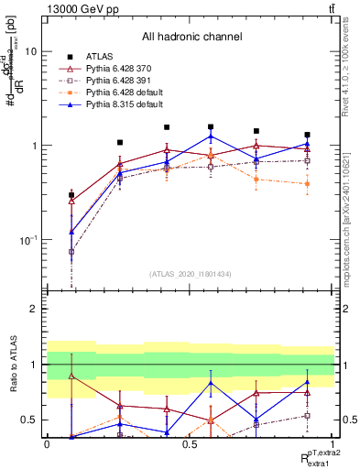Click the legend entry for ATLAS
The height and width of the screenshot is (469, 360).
click(x=101, y=55)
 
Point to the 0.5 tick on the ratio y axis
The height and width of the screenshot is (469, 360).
click(x=31, y=420)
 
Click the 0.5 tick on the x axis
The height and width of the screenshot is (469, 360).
click(x=189, y=444)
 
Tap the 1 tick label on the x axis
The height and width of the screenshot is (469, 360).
click(x=333, y=444)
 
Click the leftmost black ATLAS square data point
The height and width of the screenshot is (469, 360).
click(x=71, y=195)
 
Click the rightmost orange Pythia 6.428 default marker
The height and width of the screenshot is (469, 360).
click(x=307, y=184)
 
